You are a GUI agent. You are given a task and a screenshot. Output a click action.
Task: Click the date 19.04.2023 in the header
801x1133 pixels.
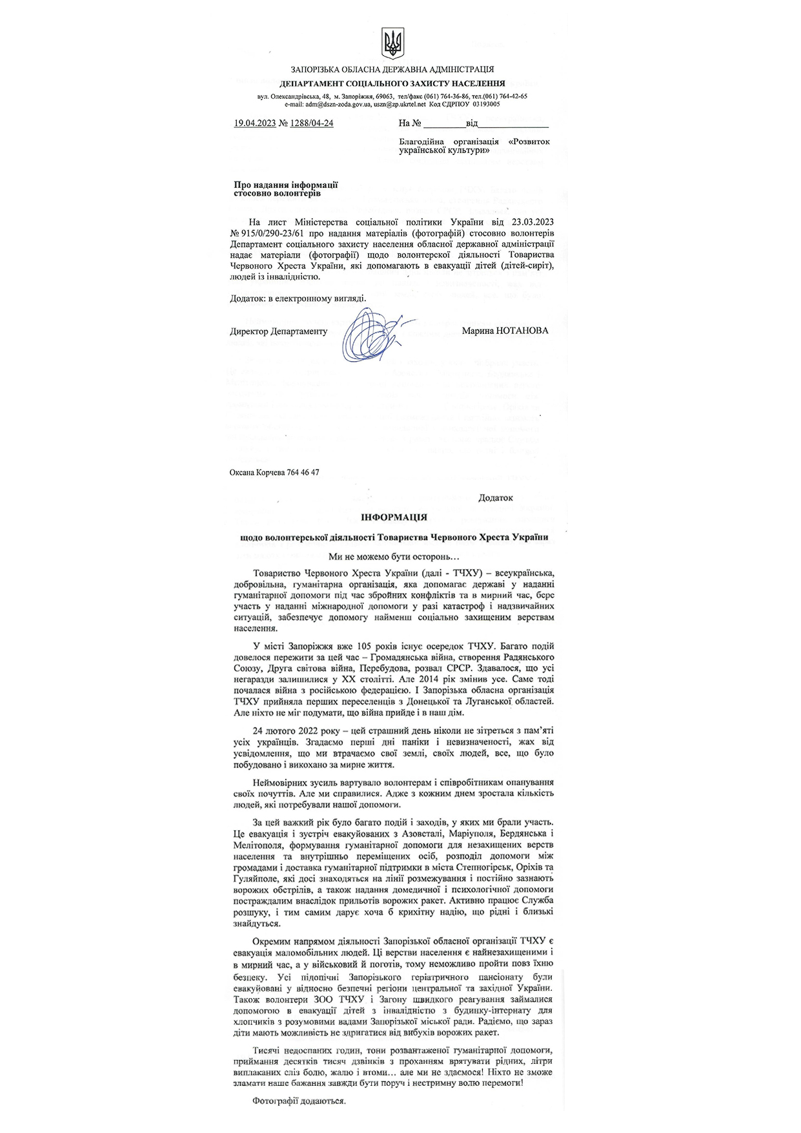(254, 123)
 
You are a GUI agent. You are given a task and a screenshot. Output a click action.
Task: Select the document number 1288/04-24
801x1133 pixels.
(312, 123)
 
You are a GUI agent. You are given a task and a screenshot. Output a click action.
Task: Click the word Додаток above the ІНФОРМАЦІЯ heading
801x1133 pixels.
(495, 498)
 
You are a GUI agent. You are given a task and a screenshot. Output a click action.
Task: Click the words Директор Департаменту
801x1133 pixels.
(278, 331)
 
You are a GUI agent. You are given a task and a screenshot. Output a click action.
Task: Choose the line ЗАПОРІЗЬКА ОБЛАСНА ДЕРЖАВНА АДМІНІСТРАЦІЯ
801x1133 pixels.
(392, 70)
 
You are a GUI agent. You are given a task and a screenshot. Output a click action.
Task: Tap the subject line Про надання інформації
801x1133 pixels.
(285, 185)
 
